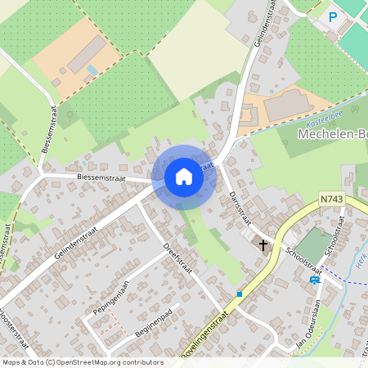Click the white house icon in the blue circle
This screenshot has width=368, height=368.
(x=184, y=176)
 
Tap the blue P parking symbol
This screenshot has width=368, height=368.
(x=333, y=16)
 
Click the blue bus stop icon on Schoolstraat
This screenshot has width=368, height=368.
(x=315, y=279)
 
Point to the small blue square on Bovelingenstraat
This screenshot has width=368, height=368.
(x=240, y=293)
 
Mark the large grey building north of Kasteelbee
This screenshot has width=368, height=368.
(x=287, y=105)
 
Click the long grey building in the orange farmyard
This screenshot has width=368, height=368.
(x=85, y=55)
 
